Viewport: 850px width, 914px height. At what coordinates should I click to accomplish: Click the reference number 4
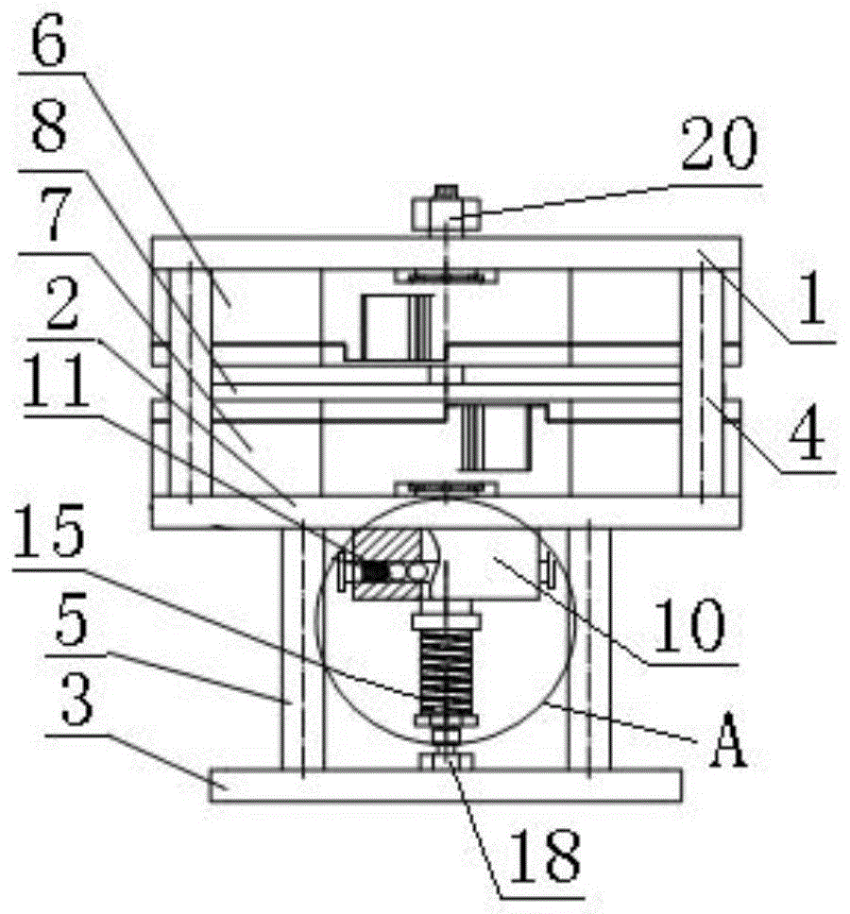tap(804, 434)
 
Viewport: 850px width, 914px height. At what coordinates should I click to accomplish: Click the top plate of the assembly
tap(444, 251)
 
